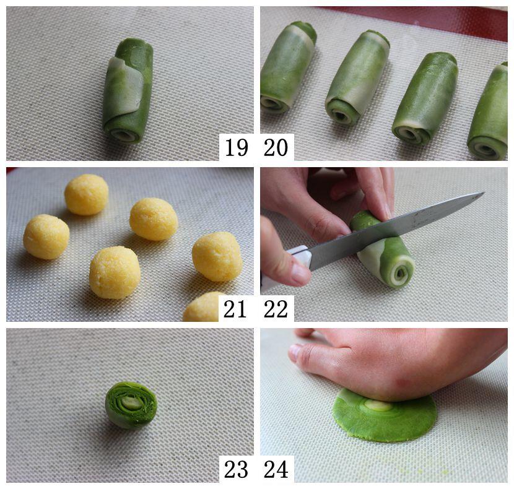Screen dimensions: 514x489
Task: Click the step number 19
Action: coord(236,147)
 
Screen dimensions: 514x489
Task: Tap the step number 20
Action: coord(276,147)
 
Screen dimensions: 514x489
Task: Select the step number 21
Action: coord(235,308)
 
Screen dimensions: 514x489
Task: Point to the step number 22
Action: coord(276,308)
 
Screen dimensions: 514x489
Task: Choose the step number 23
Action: coord(236,469)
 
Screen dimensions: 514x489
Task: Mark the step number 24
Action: coord(276,469)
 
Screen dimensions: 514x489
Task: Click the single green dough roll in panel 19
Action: coord(128,90)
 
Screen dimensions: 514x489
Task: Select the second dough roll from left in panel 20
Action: coord(357,77)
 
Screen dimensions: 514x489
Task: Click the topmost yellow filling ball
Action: coord(87,194)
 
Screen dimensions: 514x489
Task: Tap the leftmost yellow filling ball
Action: coord(46,236)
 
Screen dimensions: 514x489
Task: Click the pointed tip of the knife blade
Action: coord(483,193)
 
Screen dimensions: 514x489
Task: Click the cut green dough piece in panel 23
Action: coord(131,405)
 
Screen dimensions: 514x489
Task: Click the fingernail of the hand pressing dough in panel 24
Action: coord(295,351)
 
